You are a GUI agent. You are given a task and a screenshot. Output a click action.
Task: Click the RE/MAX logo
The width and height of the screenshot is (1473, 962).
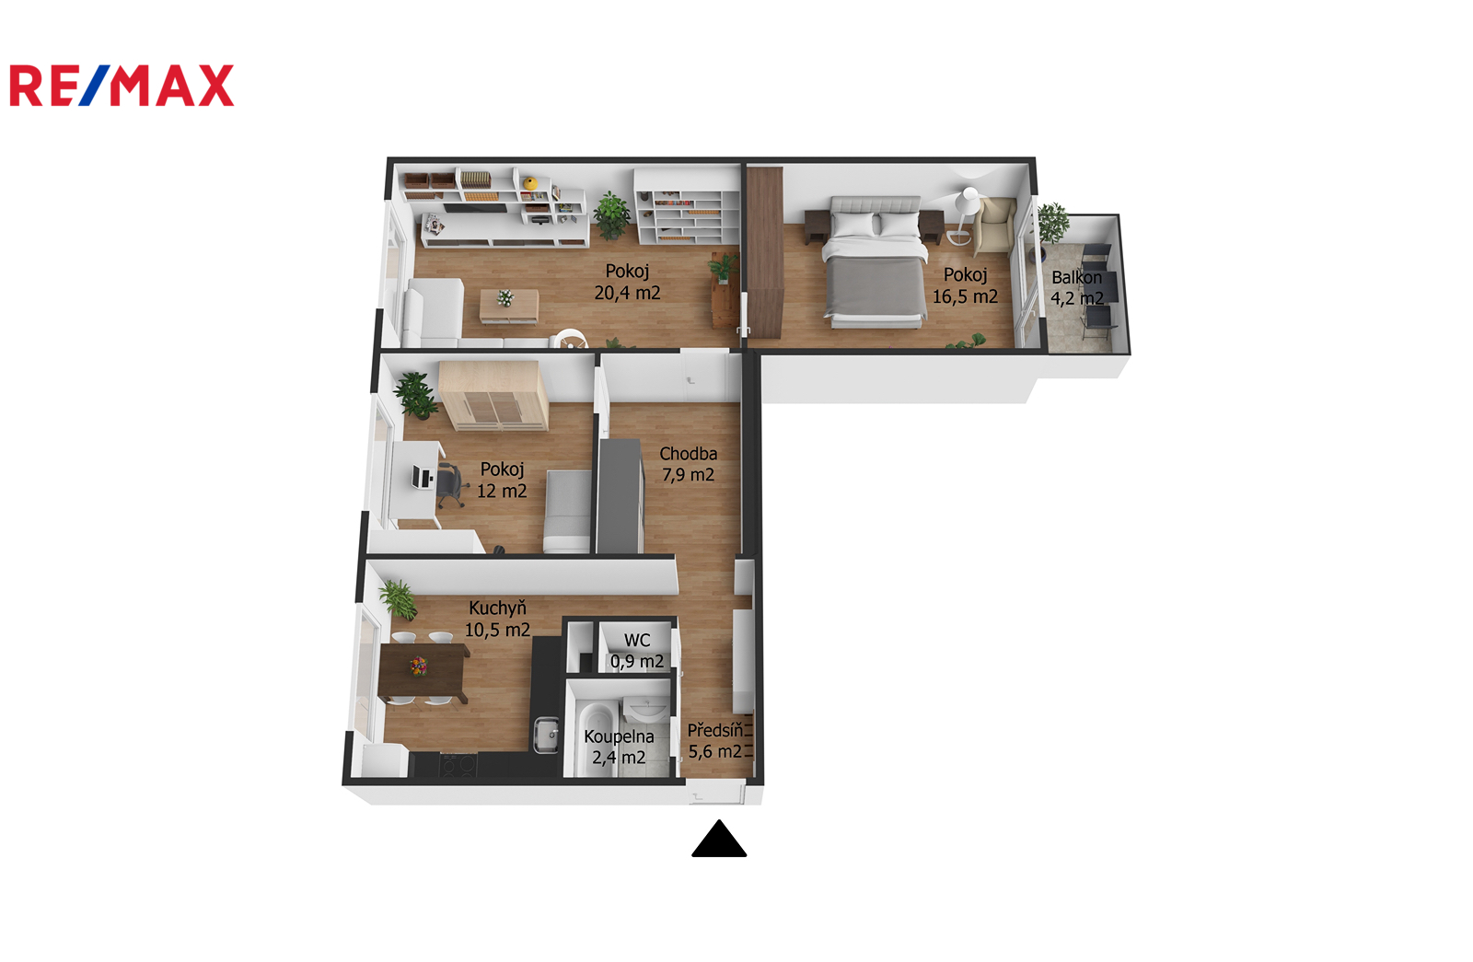click(x=122, y=86)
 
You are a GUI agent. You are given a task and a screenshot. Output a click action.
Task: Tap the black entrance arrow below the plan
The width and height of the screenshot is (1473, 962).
click(x=719, y=839)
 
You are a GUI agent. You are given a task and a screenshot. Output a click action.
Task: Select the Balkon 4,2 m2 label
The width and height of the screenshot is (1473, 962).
click(x=1076, y=288)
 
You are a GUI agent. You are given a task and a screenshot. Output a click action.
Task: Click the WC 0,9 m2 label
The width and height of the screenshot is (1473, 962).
click(x=636, y=651)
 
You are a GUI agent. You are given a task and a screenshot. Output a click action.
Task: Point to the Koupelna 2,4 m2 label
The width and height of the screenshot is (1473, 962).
click(x=619, y=747)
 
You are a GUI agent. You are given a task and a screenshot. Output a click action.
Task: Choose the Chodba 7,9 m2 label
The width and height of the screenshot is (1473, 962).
click(x=688, y=464)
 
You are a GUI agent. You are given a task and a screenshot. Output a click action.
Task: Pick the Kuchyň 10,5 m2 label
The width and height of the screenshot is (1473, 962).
click(x=497, y=619)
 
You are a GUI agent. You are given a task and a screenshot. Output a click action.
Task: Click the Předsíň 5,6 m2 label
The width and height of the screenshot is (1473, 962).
click(x=715, y=740)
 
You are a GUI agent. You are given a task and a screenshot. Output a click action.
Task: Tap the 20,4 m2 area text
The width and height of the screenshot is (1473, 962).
click(x=627, y=294)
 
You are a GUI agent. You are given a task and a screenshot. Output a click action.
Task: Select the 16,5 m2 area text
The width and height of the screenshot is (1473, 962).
click(x=965, y=297)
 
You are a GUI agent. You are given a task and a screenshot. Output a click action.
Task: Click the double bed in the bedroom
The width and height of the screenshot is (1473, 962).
click(x=875, y=261)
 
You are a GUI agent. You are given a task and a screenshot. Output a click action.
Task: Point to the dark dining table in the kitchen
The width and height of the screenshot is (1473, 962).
click(x=423, y=673)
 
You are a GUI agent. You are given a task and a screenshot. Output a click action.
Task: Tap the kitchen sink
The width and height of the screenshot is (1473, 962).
click(x=546, y=735)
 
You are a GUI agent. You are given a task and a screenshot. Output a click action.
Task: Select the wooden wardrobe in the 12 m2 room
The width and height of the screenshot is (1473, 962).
click(x=493, y=396)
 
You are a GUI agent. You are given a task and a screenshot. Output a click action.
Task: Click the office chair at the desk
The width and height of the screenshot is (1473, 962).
click(x=449, y=485)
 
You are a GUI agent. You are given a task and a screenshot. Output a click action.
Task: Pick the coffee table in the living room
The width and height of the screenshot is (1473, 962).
click(x=509, y=307)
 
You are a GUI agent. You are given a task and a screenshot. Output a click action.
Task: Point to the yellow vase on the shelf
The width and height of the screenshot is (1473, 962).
click(x=530, y=183)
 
